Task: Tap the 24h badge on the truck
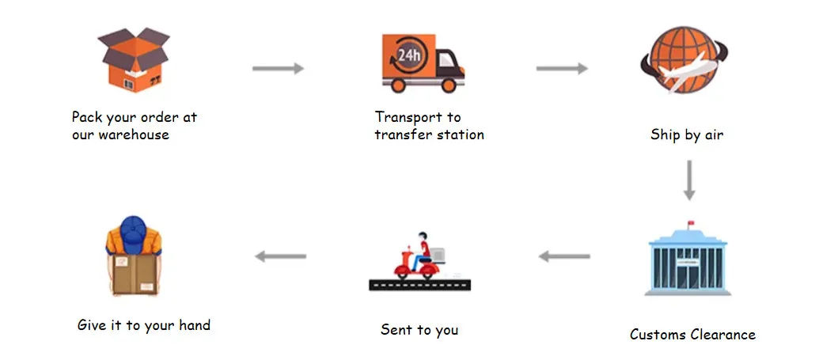408,55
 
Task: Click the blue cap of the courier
133,231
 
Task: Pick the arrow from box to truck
278,69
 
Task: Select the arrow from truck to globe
561,69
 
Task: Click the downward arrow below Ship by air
689,180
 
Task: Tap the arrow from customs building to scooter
564,256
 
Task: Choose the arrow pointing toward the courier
280,256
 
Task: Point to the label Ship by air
687,135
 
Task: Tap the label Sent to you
419,329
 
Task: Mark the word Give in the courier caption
93,324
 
